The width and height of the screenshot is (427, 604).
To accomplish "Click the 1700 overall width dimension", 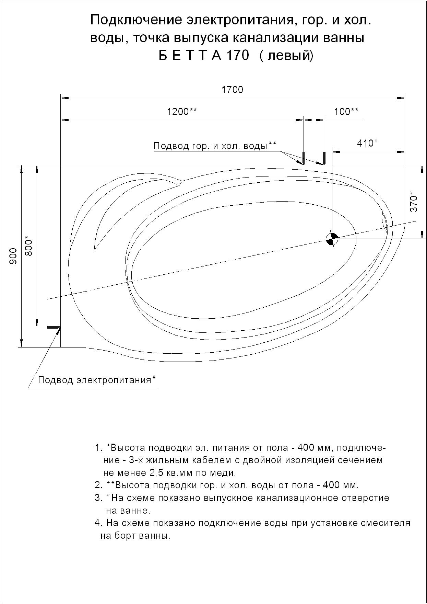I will (x=232, y=90).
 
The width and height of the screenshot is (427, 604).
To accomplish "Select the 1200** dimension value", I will (x=181, y=112).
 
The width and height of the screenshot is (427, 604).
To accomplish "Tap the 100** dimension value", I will (x=346, y=112).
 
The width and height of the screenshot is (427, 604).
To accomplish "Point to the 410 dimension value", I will (x=366, y=143).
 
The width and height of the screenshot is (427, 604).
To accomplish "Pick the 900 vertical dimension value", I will (x=13, y=256).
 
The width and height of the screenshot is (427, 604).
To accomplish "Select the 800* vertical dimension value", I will (x=29, y=246).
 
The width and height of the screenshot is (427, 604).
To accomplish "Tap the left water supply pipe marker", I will (x=304, y=158).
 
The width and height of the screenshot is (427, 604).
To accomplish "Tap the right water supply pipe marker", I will (x=323, y=158).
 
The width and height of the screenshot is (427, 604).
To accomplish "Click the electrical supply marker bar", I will (x=53, y=327).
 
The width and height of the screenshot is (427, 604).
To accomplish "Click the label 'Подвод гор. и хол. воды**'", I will (x=215, y=146).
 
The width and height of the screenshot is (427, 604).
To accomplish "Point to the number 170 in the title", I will (x=237, y=55).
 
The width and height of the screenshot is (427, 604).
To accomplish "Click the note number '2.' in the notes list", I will (x=98, y=486).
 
